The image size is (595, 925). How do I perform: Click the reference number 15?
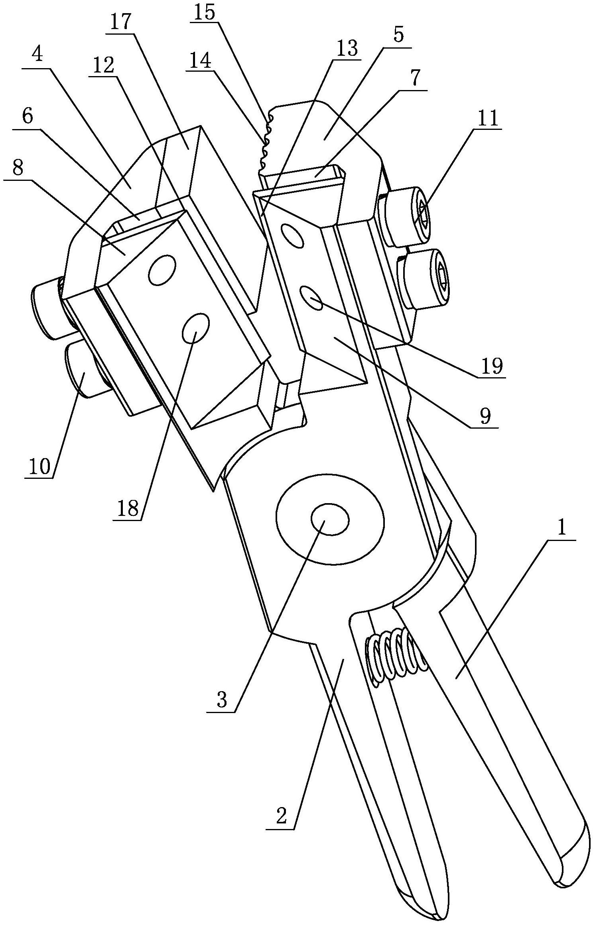tap(205, 13)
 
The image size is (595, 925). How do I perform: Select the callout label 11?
tap(488, 118)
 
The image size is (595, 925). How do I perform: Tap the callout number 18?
tap(128, 509)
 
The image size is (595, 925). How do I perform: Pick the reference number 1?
tap(562, 529)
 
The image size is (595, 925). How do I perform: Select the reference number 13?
tap(346, 49)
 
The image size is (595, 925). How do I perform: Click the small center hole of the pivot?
tap(330, 519)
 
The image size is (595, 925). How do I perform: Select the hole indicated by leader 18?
tap(195, 327)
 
